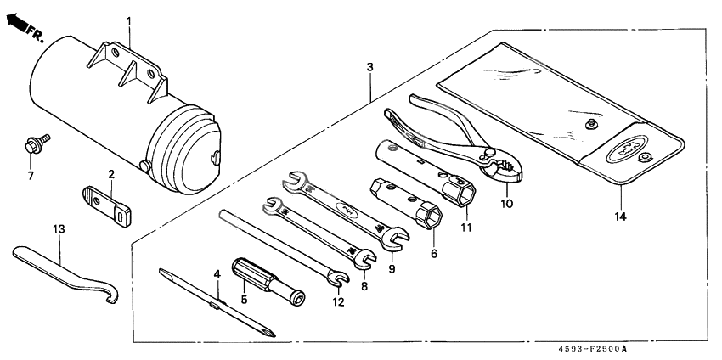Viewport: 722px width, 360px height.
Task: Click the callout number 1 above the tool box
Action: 129,20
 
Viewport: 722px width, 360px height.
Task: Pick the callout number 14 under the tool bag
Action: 620,217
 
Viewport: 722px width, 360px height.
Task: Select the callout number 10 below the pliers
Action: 506,204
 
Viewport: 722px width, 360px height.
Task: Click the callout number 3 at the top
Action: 369,66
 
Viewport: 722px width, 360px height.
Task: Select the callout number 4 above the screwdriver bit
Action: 217,274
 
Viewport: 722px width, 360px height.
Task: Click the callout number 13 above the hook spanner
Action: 58,229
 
